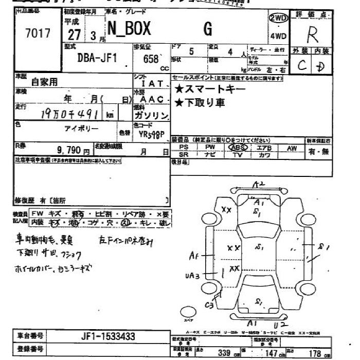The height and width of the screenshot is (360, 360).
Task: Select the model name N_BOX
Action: click(129, 30)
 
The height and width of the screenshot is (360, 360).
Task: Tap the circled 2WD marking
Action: click(278, 18)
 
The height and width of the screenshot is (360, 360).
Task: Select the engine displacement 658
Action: click(151, 58)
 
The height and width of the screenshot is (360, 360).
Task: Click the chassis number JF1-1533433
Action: click(109, 336)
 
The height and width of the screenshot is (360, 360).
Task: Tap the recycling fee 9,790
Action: click(70, 151)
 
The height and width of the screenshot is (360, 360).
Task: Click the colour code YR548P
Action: click(151, 135)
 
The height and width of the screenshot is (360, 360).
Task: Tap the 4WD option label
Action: click(278, 36)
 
